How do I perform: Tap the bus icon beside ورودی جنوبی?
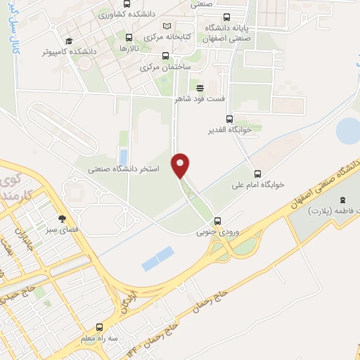point(218,220)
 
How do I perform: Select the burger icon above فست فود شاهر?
point(200,88)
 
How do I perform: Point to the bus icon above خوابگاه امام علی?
point(257,174)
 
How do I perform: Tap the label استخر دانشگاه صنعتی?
point(125,169)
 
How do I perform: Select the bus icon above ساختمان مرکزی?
point(165,56)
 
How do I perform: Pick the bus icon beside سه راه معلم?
point(99,327)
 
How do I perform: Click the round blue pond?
point(348,129)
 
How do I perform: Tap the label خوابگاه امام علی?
point(259,185)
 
